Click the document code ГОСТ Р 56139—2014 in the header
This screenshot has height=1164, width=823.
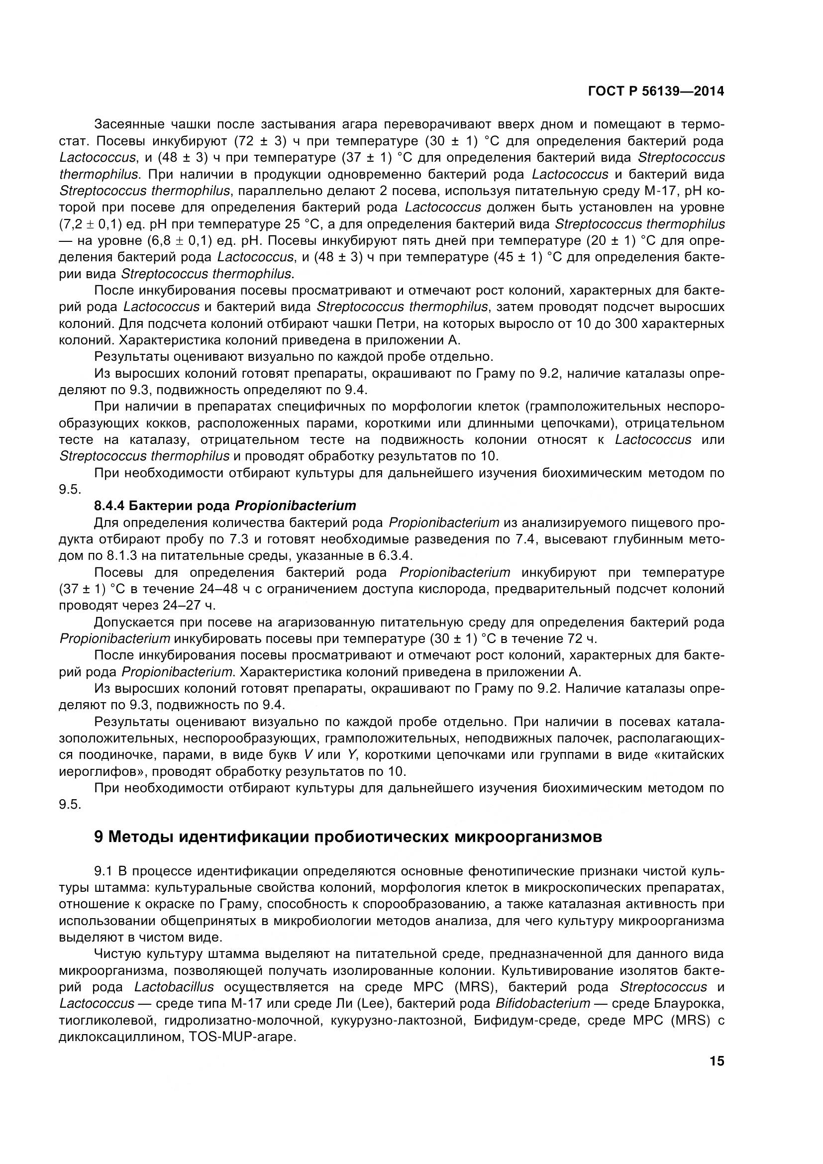656,91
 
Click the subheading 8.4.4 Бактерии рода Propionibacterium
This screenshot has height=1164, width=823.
225,506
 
